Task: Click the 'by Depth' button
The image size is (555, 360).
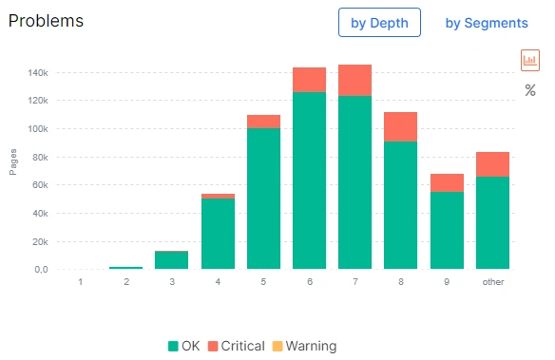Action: tap(379, 23)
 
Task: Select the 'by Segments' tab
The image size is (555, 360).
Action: tap(487, 23)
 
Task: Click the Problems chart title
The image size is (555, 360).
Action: tap(46, 20)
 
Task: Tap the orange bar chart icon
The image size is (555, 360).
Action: tap(530, 60)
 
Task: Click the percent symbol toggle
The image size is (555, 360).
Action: tap(530, 90)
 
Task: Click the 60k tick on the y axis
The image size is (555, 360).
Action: tap(38, 185)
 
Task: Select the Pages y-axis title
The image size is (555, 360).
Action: tap(13, 163)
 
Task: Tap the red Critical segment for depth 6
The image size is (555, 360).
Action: tap(309, 80)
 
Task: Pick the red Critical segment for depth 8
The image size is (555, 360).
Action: tap(401, 126)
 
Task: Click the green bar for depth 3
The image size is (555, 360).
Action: tap(171, 259)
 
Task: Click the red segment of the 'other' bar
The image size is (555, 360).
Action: tap(492, 164)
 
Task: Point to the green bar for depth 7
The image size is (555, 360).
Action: tap(354, 181)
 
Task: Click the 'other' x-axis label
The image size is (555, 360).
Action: tap(492, 282)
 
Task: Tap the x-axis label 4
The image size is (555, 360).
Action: tap(218, 282)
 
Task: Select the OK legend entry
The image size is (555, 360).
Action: tap(182, 346)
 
